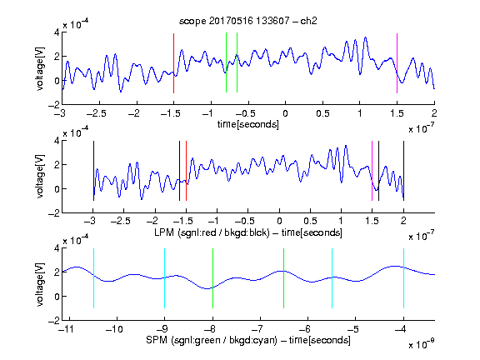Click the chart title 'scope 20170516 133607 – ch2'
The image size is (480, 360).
(x=247, y=21)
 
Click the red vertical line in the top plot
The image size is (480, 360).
(x=173, y=63)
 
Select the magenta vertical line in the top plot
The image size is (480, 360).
(x=397, y=63)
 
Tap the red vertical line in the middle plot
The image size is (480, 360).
(x=186, y=171)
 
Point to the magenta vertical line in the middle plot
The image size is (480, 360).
(x=372, y=171)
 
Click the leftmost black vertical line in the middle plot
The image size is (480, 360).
(x=93, y=171)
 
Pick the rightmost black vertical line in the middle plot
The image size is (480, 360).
(x=403, y=171)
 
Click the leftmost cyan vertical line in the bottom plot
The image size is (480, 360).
(x=93, y=278)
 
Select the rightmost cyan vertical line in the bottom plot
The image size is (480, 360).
(x=403, y=278)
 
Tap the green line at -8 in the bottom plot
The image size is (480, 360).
(x=212, y=278)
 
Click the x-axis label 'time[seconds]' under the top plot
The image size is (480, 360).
(x=248, y=124)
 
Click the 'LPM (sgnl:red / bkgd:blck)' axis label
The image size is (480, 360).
(x=212, y=232)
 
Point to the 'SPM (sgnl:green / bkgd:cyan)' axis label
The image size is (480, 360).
(x=212, y=340)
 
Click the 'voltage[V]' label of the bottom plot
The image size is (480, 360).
(x=40, y=285)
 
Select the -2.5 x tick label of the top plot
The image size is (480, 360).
(x=97, y=113)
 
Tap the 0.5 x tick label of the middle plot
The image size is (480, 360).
(x=310, y=221)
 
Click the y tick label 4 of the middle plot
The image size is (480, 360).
(x=57, y=141)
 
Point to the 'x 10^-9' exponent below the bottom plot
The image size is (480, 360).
(x=422, y=343)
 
